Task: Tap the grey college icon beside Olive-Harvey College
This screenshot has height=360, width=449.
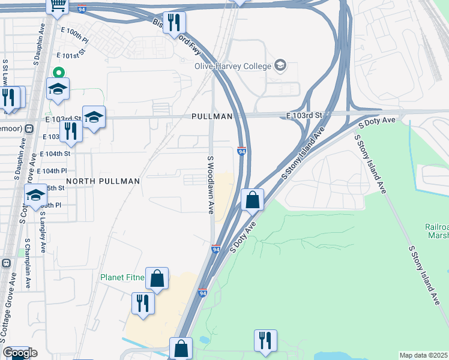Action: [280, 65]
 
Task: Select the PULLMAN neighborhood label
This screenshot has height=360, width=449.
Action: [211, 116]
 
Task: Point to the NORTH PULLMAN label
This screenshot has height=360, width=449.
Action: [103, 181]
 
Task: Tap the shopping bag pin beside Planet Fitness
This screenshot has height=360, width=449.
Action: [157, 278]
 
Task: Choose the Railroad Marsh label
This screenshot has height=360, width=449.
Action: [436, 231]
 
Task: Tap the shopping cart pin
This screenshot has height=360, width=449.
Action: [58, 5]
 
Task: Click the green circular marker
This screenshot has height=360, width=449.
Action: [58, 72]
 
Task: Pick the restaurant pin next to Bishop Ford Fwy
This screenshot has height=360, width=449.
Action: [174, 23]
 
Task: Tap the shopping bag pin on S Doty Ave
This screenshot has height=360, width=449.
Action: [253, 200]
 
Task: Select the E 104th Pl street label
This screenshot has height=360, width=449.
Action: [59, 171]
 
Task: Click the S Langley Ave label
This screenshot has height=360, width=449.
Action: [43, 235]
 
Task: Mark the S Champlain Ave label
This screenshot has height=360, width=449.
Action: [28, 264]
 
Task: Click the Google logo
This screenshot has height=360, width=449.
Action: [20, 353]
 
